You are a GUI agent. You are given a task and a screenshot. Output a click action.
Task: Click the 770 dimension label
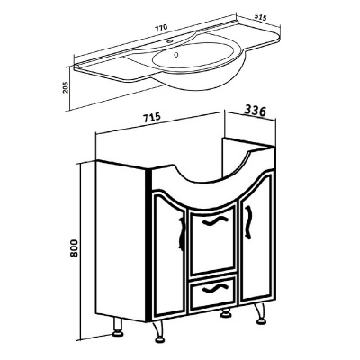click(x=161, y=29)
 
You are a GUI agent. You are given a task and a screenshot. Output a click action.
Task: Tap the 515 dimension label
click(x=260, y=17)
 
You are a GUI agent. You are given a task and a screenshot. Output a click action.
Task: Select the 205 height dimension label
click(x=67, y=87)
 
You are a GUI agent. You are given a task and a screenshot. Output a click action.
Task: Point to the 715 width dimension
click(x=152, y=118)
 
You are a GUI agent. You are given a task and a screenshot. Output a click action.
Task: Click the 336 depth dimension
click(x=256, y=111)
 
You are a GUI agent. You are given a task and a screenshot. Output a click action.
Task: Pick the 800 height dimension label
click(x=74, y=247)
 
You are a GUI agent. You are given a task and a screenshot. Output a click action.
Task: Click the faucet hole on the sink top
click(x=170, y=41)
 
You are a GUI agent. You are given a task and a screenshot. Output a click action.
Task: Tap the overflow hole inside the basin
click(x=176, y=55)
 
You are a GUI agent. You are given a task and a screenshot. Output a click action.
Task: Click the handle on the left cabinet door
click(x=182, y=234)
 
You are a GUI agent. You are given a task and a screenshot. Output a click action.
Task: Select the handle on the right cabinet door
click(x=248, y=222)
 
